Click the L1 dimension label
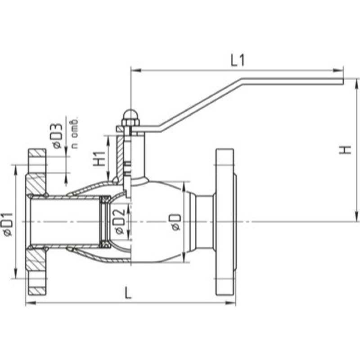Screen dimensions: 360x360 pos(238,61)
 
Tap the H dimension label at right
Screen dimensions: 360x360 pos(345,150)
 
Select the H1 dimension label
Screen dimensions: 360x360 pos(99,158)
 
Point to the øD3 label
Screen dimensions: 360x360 pos(56,136)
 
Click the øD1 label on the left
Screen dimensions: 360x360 pos(8,224)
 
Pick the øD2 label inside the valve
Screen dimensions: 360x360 pos(120,221)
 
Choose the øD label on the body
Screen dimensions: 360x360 pos(176,222)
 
